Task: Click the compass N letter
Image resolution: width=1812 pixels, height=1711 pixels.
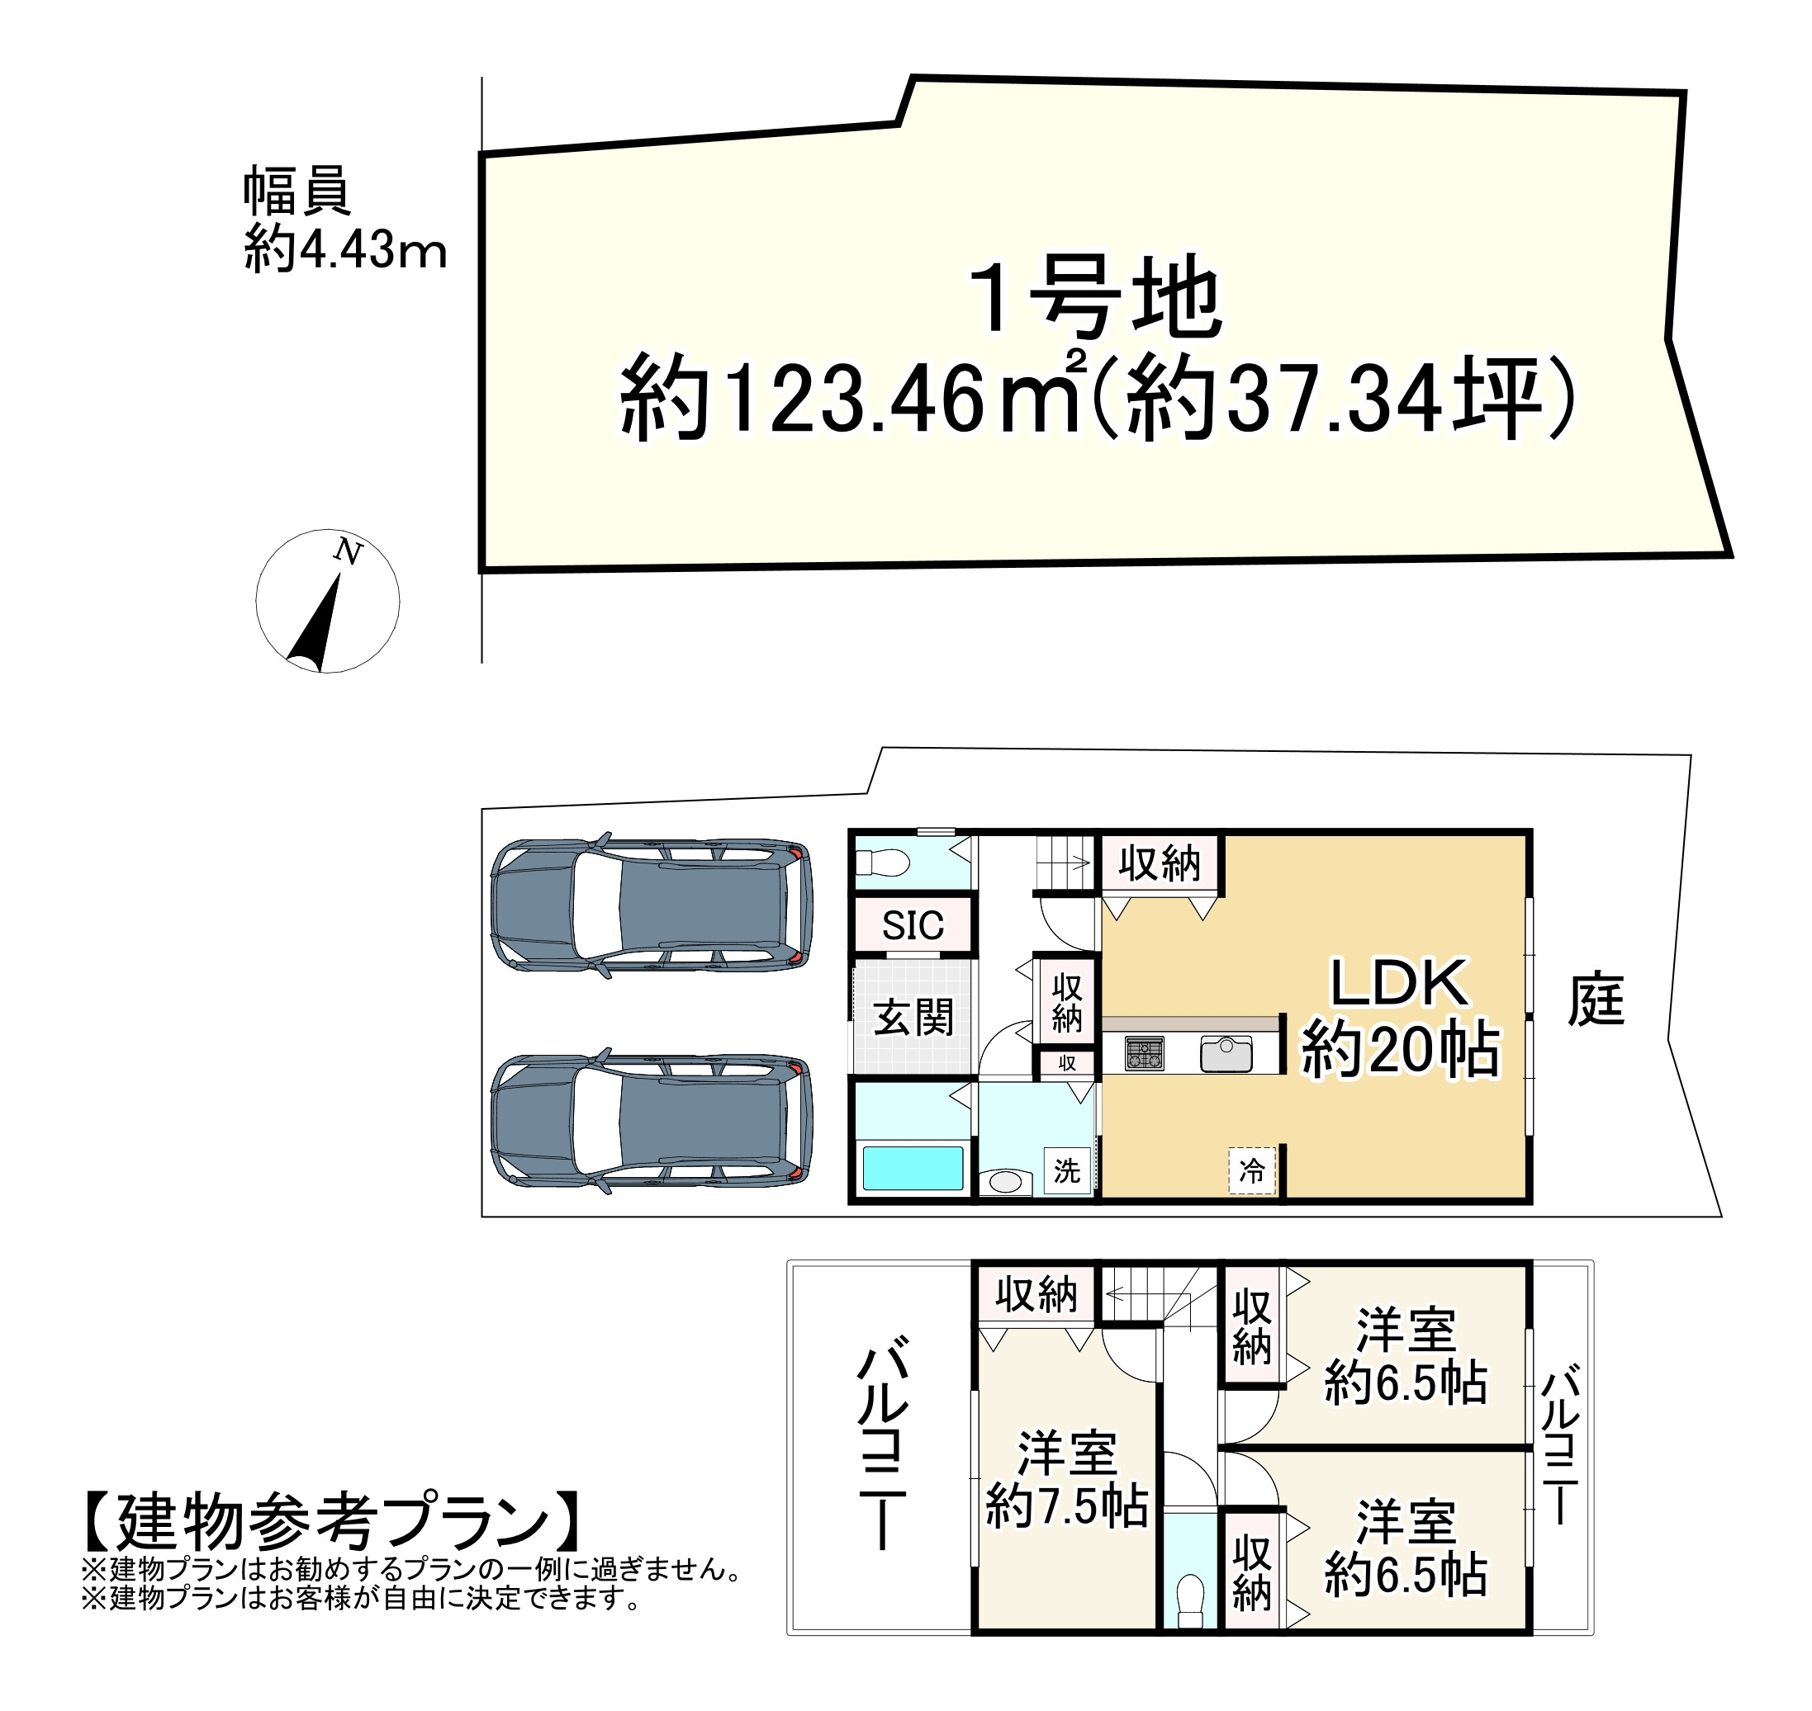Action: pos(348,552)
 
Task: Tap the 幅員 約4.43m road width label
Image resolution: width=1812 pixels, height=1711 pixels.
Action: pos(344,220)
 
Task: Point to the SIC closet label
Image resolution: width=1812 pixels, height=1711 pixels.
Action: pos(913,927)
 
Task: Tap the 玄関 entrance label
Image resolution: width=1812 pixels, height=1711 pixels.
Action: pos(913,1017)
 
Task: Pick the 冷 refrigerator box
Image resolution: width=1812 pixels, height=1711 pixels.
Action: pos(1252,1170)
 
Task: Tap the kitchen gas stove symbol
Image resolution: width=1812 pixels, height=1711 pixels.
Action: pos(1144,1054)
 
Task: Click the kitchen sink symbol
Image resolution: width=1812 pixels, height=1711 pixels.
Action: pos(1226,1054)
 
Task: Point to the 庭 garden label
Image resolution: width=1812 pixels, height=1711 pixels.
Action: pos(1596,1001)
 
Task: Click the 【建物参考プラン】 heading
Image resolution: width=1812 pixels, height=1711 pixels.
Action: pos(333,1523)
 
